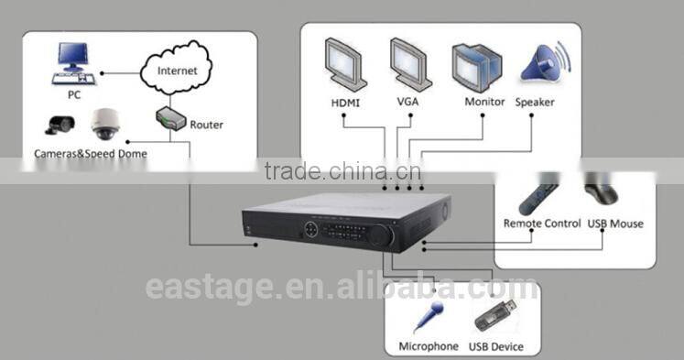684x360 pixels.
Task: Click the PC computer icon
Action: coord(74,61)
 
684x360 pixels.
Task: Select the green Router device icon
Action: coord(171,117)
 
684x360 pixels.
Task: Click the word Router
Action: coord(206,125)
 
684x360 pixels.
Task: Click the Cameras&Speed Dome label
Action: coord(91,154)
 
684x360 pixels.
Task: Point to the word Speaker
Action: coord(535,103)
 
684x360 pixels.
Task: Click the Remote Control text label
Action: coord(542,224)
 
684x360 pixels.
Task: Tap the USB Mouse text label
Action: coord(614,224)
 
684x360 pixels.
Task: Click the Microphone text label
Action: coord(429,347)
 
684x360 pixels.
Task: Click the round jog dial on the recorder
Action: coord(380,236)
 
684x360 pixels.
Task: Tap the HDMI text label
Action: coord(345,103)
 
